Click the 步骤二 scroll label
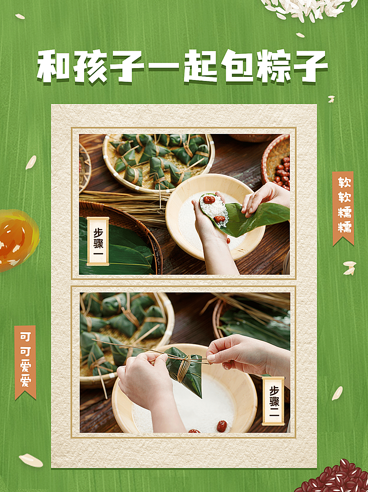(273, 400)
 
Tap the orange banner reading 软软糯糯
(343, 207)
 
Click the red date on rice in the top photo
(209, 200)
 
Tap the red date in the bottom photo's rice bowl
(222, 426)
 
